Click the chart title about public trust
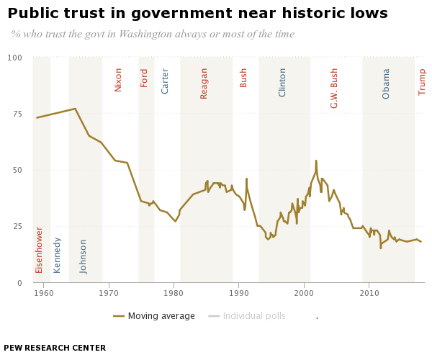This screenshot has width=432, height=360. coord(197,14)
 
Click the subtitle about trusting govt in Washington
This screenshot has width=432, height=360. coord(153,35)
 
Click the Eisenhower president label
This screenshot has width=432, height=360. coord(40,250)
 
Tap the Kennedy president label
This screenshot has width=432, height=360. coord(58,255)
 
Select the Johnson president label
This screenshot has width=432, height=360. coord(84,256)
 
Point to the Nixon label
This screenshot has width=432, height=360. coord(119,79)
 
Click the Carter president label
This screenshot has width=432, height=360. coord(166,81)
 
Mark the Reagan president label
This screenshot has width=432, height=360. coord(204,83)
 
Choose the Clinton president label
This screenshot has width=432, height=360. coord(283,82)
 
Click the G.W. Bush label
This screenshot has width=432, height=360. coord(335,88)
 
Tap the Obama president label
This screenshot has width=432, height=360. coord(387,84)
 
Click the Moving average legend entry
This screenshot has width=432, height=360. coord(154,316)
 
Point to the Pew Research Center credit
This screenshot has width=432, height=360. coord(55,348)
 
